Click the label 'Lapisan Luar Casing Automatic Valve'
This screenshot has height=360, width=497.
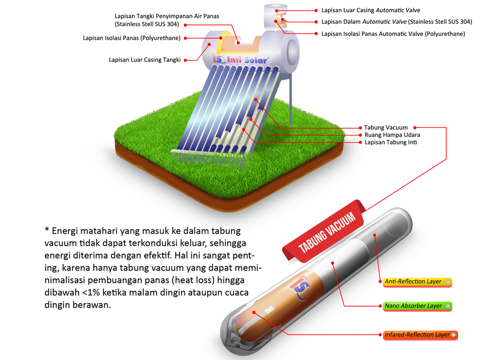coord(370,10)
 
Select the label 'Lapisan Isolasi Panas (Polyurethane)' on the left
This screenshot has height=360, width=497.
coord(132,37)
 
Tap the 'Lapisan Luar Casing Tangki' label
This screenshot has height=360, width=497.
coord(145,60)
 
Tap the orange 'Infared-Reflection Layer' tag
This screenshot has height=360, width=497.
coord(418,335)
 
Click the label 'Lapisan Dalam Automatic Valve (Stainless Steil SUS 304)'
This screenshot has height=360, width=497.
coord(397,22)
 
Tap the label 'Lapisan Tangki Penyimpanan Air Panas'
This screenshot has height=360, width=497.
coord(167,16)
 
